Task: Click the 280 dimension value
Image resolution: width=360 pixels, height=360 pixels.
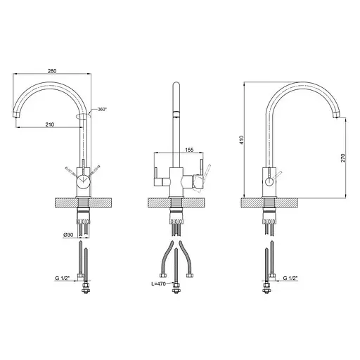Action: click(52, 71)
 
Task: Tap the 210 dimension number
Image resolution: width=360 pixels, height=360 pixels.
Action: click(50, 124)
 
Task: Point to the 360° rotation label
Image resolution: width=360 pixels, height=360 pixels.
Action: click(102, 109)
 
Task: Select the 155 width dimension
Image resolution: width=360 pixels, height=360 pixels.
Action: click(189, 150)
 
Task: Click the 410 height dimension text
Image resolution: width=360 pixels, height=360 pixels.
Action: click(242, 140)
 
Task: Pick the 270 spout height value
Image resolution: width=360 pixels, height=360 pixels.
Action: click(343, 158)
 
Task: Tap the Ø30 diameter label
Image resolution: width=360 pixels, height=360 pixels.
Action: click(68, 234)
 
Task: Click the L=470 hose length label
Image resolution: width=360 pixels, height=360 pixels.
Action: click(158, 284)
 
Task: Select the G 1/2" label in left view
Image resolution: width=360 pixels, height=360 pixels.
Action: click(63, 278)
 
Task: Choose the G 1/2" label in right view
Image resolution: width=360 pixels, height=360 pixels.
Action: click(290, 278)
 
